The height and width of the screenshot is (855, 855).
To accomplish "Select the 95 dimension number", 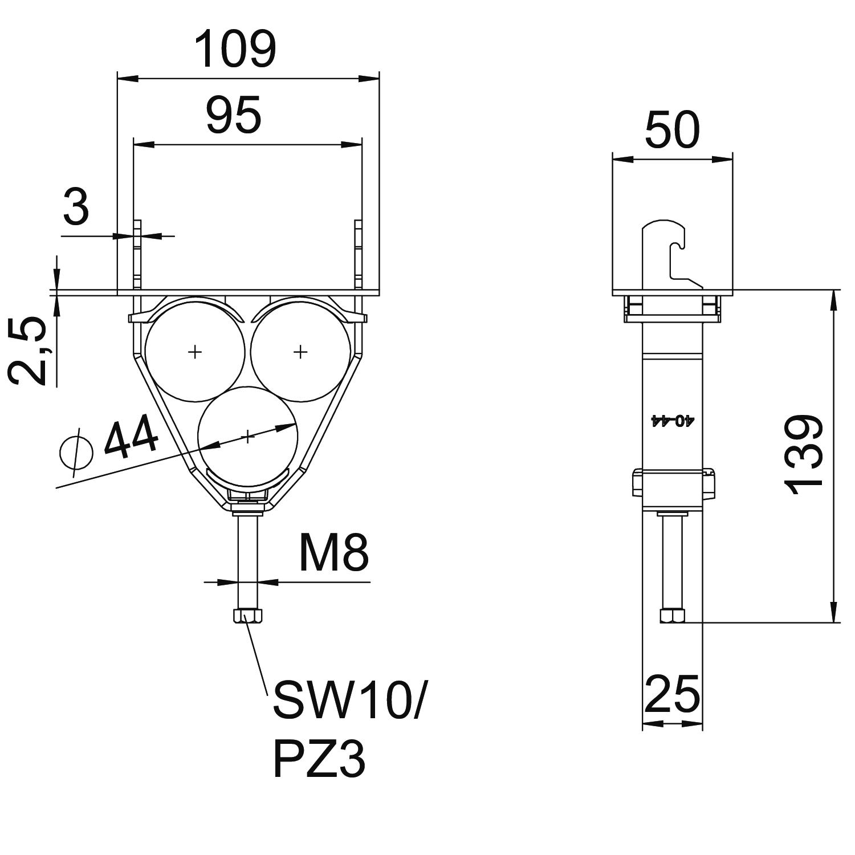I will pyautogui.click(x=234, y=115).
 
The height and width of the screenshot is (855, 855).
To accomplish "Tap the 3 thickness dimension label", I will pyautogui.click(x=76, y=207).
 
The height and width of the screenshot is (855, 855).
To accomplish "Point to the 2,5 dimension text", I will pyautogui.click(x=28, y=352).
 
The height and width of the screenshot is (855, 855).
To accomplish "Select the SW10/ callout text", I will pyautogui.click(x=348, y=700).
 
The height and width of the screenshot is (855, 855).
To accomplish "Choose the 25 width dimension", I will pyautogui.click(x=672, y=694).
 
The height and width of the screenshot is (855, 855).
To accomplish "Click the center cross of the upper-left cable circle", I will pyautogui.click(x=195, y=352).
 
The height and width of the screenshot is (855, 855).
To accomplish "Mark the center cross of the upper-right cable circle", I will pyautogui.click(x=300, y=352).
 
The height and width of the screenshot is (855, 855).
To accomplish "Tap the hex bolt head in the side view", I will pyautogui.click(x=672, y=616).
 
